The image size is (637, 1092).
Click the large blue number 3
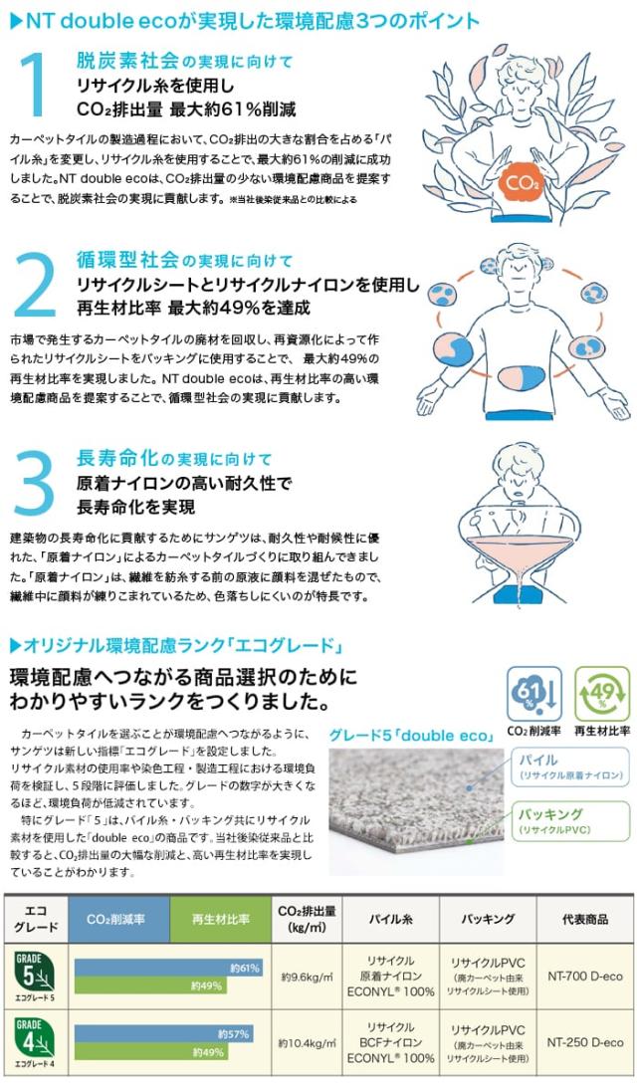coord(38,484)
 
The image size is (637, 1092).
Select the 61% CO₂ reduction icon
coord(531,694)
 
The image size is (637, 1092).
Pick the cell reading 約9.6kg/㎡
coord(307,977)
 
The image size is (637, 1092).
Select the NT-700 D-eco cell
coord(585,977)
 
